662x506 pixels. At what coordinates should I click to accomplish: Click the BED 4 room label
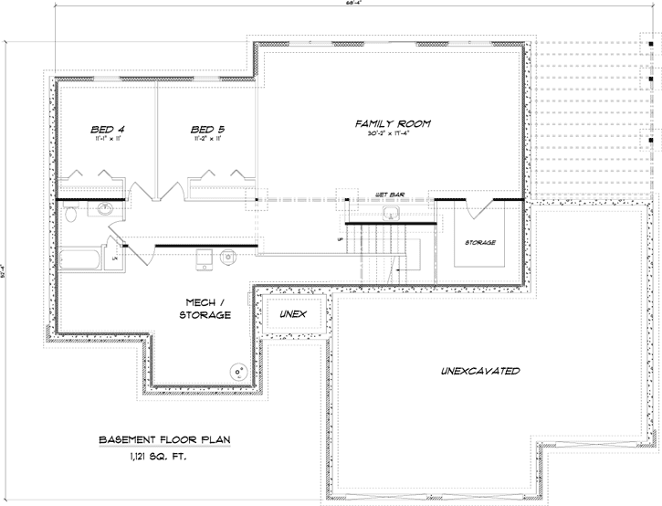(106, 129)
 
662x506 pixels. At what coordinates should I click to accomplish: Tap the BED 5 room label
(208, 129)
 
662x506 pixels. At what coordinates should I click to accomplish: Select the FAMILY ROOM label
(393, 122)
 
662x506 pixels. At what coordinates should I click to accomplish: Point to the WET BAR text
(390, 195)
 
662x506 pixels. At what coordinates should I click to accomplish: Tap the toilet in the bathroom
(71, 215)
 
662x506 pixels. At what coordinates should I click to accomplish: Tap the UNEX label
(293, 314)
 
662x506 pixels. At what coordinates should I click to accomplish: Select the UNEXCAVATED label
(480, 372)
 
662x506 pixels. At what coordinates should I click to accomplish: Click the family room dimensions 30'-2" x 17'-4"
(393, 135)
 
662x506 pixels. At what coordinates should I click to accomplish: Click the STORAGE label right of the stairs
(479, 243)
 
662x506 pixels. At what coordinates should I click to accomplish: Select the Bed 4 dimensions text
(106, 140)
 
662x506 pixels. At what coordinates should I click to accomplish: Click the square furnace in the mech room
(205, 257)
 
